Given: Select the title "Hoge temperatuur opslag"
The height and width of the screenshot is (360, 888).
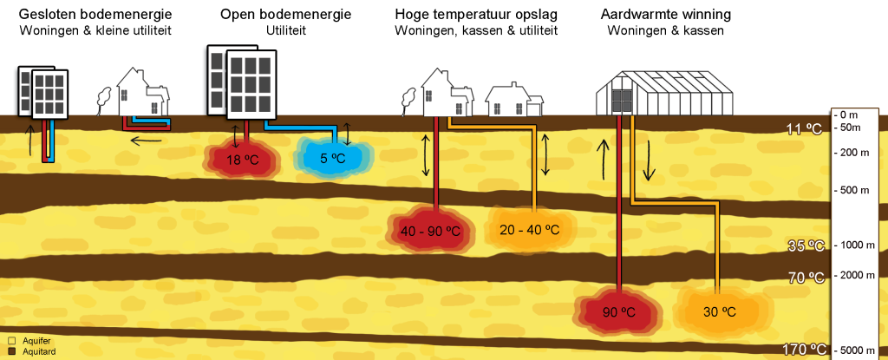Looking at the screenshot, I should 475,15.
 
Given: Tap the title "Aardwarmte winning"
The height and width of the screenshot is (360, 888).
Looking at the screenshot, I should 666,15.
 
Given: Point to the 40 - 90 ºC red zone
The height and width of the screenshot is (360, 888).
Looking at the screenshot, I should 430,231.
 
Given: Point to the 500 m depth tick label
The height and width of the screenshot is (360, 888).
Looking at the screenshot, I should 854,190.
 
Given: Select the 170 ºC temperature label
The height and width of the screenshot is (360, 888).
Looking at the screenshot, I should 803,350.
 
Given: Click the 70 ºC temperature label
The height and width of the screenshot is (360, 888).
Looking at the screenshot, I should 806,278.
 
